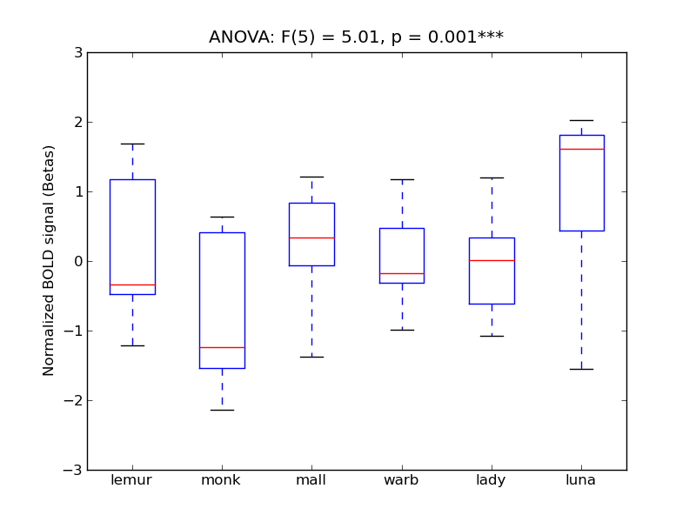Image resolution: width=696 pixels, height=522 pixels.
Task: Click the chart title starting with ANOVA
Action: [356, 37]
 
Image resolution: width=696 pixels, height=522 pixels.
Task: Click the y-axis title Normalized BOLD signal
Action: [49, 260]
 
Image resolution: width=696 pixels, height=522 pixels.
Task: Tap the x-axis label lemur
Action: [132, 480]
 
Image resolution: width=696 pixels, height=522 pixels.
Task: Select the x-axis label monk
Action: [221, 480]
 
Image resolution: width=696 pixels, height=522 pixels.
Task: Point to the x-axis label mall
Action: [311, 480]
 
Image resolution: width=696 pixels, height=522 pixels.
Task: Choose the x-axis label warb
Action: [401, 480]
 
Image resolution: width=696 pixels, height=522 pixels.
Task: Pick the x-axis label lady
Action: [491, 480]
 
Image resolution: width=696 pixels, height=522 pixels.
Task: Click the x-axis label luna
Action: [580, 480]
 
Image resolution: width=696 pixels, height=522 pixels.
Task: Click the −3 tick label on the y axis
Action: [73, 471]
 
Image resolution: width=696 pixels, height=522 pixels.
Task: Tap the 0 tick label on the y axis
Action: [78, 262]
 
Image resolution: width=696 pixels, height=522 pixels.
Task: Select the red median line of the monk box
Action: [222, 347]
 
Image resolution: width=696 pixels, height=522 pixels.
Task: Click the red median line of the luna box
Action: [581, 149]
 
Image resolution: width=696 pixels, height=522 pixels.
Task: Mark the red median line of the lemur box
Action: [132, 284]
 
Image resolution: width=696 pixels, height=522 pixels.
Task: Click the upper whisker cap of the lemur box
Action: [132, 144]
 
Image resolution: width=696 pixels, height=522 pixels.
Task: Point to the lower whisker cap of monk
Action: [222, 410]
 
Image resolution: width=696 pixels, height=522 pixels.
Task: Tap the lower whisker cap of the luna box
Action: [581, 369]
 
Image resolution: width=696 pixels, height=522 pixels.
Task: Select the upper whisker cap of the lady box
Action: [492, 177]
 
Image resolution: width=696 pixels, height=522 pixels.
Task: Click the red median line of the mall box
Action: [311, 238]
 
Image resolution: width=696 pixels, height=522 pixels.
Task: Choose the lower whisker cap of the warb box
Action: [402, 330]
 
